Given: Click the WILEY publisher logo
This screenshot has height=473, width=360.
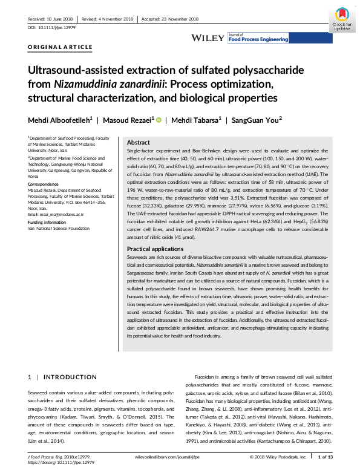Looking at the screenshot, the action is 207,38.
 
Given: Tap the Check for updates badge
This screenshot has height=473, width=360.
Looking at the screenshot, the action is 342,19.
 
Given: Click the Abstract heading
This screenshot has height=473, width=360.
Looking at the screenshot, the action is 138,142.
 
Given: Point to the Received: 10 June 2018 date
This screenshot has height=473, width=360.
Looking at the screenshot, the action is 50,19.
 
